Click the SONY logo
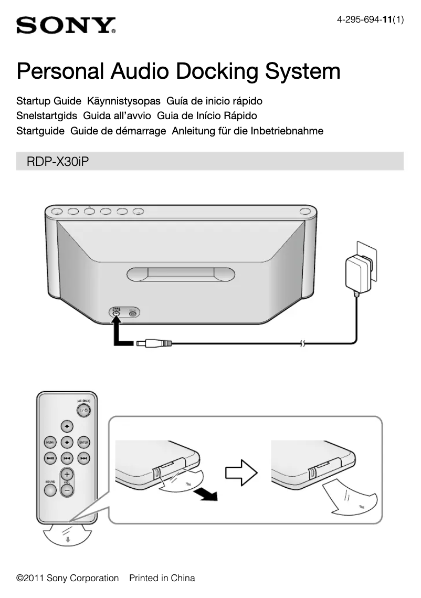click(x=66, y=25)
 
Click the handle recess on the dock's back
click(x=180, y=275)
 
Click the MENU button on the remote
click(x=50, y=442)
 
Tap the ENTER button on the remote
click(x=83, y=442)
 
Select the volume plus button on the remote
click(x=67, y=473)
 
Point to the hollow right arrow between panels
click(x=241, y=473)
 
